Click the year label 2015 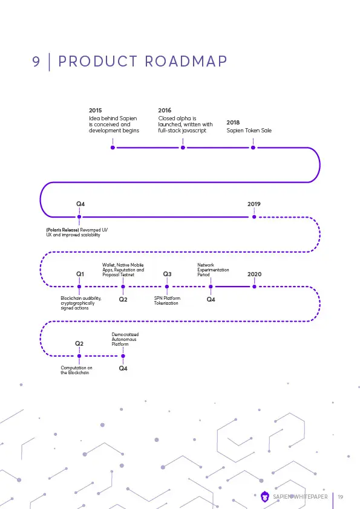click(x=95, y=111)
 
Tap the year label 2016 click(x=165, y=111)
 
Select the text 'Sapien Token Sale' click(x=249, y=131)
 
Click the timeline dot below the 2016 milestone click(x=183, y=148)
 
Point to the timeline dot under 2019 click(x=254, y=217)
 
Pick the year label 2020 click(x=254, y=274)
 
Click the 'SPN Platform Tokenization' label click(x=167, y=300)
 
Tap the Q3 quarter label click(x=168, y=274)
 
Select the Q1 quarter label click(x=80, y=274)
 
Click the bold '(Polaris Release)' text click(x=62, y=230)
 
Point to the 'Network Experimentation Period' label click(x=213, y=270)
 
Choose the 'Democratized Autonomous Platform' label click(x=125, y=339)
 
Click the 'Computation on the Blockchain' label click(x=76, y=370)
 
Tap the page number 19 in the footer click(x=340, y=497)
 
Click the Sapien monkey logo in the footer click(x=265, y=497)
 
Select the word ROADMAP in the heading click(x=186, y=61)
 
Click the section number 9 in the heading click(x=36, y=61)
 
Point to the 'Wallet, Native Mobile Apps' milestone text click(x=123, y=270)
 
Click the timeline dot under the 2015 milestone click(x=113, y=148)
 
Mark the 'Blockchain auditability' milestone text click(x=81, y=303)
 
